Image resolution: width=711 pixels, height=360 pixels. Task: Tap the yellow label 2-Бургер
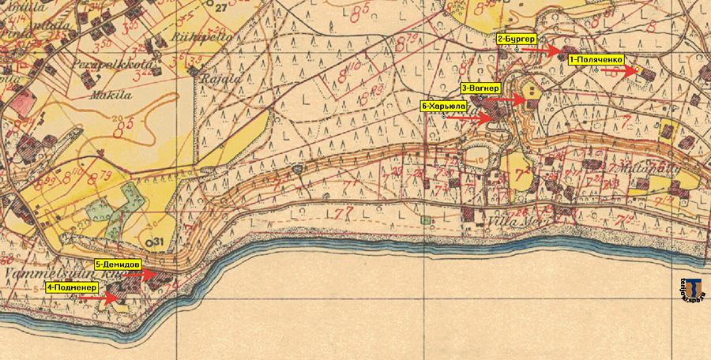(517, 38)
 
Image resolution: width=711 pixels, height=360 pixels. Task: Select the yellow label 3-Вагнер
(479, 88)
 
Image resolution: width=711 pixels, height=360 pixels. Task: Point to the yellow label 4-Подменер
(71, 287)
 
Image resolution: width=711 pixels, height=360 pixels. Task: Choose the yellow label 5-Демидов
(118, 264)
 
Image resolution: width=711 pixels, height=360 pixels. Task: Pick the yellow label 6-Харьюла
(443, 105)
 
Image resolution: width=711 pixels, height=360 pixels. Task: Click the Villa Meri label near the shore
(510, 222)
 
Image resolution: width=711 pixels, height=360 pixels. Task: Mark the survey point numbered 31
(155, 241)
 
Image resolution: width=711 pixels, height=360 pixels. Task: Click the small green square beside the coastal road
(427, 219)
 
